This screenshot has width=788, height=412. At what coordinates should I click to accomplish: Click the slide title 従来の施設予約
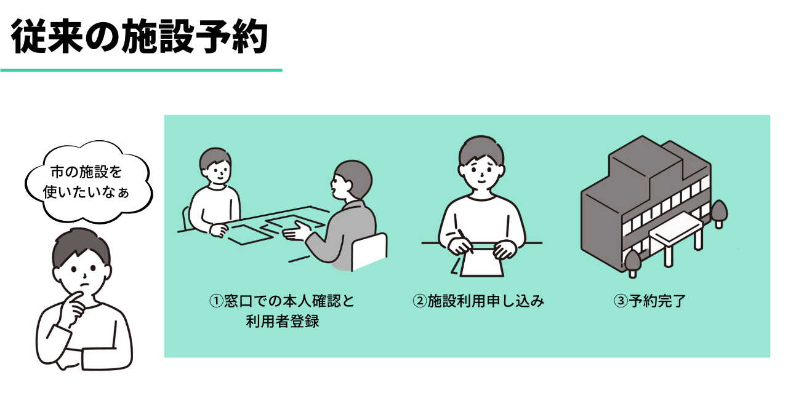tap(140, 36)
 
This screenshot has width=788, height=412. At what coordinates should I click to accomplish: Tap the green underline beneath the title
tap(141, 70)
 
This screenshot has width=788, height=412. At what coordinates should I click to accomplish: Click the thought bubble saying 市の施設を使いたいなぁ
tap(89, 182)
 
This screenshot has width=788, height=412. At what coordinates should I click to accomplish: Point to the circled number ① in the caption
tap(216, 301)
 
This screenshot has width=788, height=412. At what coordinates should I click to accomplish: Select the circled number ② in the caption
tap(419, 301)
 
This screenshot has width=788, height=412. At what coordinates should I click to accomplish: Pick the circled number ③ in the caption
tap(621, 301)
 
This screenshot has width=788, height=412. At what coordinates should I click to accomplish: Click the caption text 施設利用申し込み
tap(486, 301)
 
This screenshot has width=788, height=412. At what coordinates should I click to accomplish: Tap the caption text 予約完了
tap(657, 301)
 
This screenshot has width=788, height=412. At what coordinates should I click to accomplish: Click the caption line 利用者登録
tap(283, 321)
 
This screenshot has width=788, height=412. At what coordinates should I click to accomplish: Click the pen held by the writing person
tap(465, 241)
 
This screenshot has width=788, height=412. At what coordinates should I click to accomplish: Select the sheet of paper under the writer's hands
tap(481, 259)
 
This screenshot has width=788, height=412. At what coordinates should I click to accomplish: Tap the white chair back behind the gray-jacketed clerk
tap(369, 252)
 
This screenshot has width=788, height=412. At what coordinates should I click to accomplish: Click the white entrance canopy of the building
tap(676, 229)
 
